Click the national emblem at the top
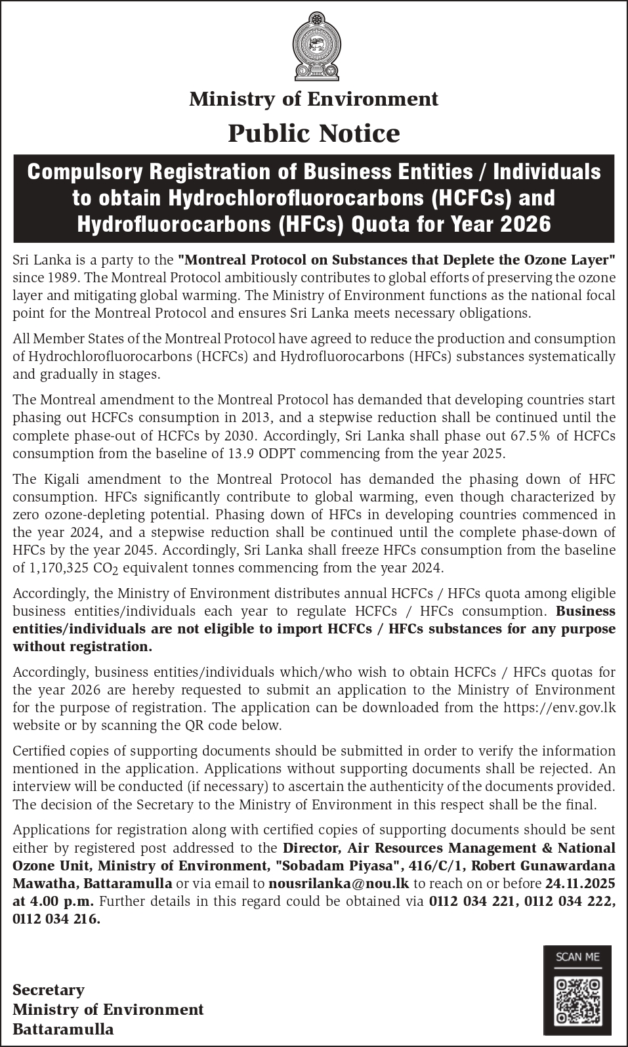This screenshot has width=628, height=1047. coord(314,46)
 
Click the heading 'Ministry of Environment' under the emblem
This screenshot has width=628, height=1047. coord(314,99)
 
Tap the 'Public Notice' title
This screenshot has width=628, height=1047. coord(314,133)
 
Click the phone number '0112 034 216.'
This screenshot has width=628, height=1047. coord(56,919)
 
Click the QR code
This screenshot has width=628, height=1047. coord(577,1001)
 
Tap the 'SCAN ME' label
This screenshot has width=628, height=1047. coord(577,956)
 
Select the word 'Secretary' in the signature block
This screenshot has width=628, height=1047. coord(49,990)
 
